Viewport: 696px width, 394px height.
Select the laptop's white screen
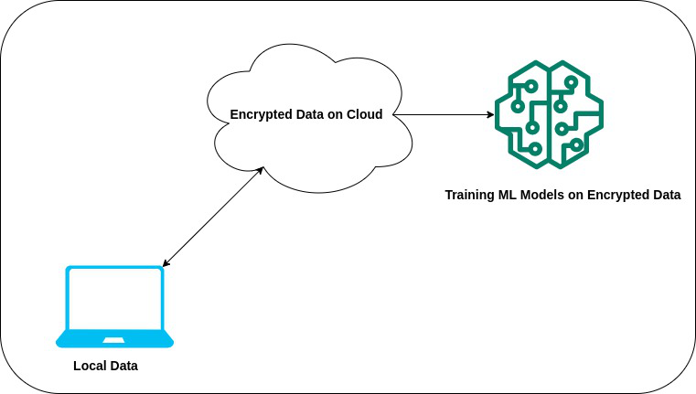[115, 299]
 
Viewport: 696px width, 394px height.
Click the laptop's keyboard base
[115, 340]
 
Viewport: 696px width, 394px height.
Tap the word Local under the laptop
[90, 366]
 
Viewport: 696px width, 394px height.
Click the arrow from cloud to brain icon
[444, 115]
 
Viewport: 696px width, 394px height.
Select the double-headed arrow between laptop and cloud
[213, 217]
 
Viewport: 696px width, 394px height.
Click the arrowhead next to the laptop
[166, 263]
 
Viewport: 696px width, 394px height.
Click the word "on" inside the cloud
[336, 115]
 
